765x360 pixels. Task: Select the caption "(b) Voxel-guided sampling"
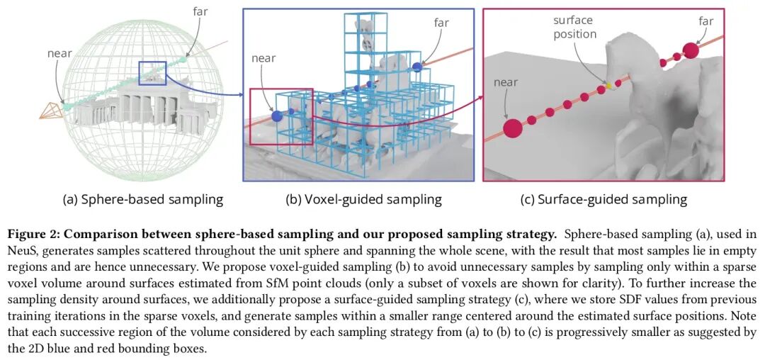(x=363, y=199)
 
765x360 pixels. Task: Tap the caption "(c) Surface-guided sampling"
(x=603, y=199)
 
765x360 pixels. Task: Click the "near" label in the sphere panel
(x=60, y=53)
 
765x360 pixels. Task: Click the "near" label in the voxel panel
(x=263, y=58)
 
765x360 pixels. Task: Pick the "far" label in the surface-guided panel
(x=705, y=21)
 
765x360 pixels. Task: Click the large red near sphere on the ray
(x=512, y=128)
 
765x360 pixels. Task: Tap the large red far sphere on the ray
(x=690, y=50)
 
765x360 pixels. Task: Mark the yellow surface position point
(x=607, y=87)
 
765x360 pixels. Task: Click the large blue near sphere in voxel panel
(x=276, y=116)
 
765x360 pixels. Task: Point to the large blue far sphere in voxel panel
(x=417, y=66)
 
